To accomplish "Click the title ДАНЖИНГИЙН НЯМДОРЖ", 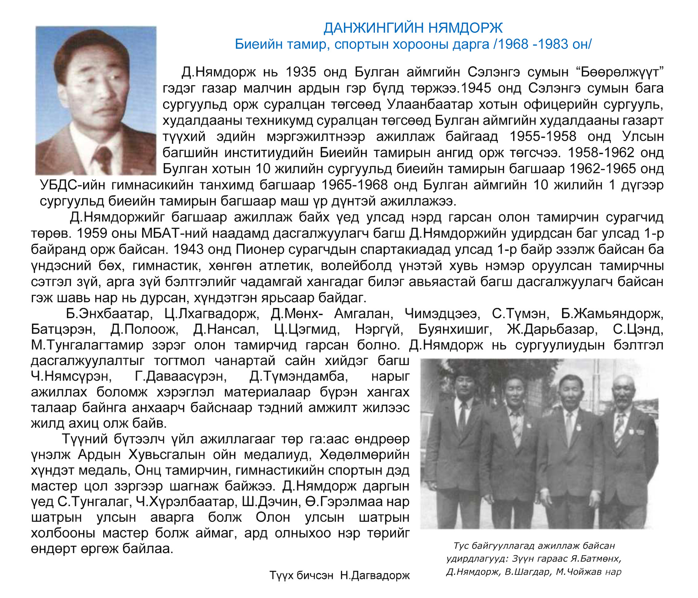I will click(413, 28).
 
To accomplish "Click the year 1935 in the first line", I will click(301, 72).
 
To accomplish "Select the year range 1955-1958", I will click(542, 137).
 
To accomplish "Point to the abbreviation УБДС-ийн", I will click(72, 185).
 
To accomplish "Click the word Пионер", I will click(260, 249).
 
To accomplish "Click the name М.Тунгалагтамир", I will click(87, 345).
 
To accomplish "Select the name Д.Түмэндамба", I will click(298, 376).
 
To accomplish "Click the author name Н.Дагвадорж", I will click(375, 575).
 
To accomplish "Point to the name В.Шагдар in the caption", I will click(527, 572).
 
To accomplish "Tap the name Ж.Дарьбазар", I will click(552, 329).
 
